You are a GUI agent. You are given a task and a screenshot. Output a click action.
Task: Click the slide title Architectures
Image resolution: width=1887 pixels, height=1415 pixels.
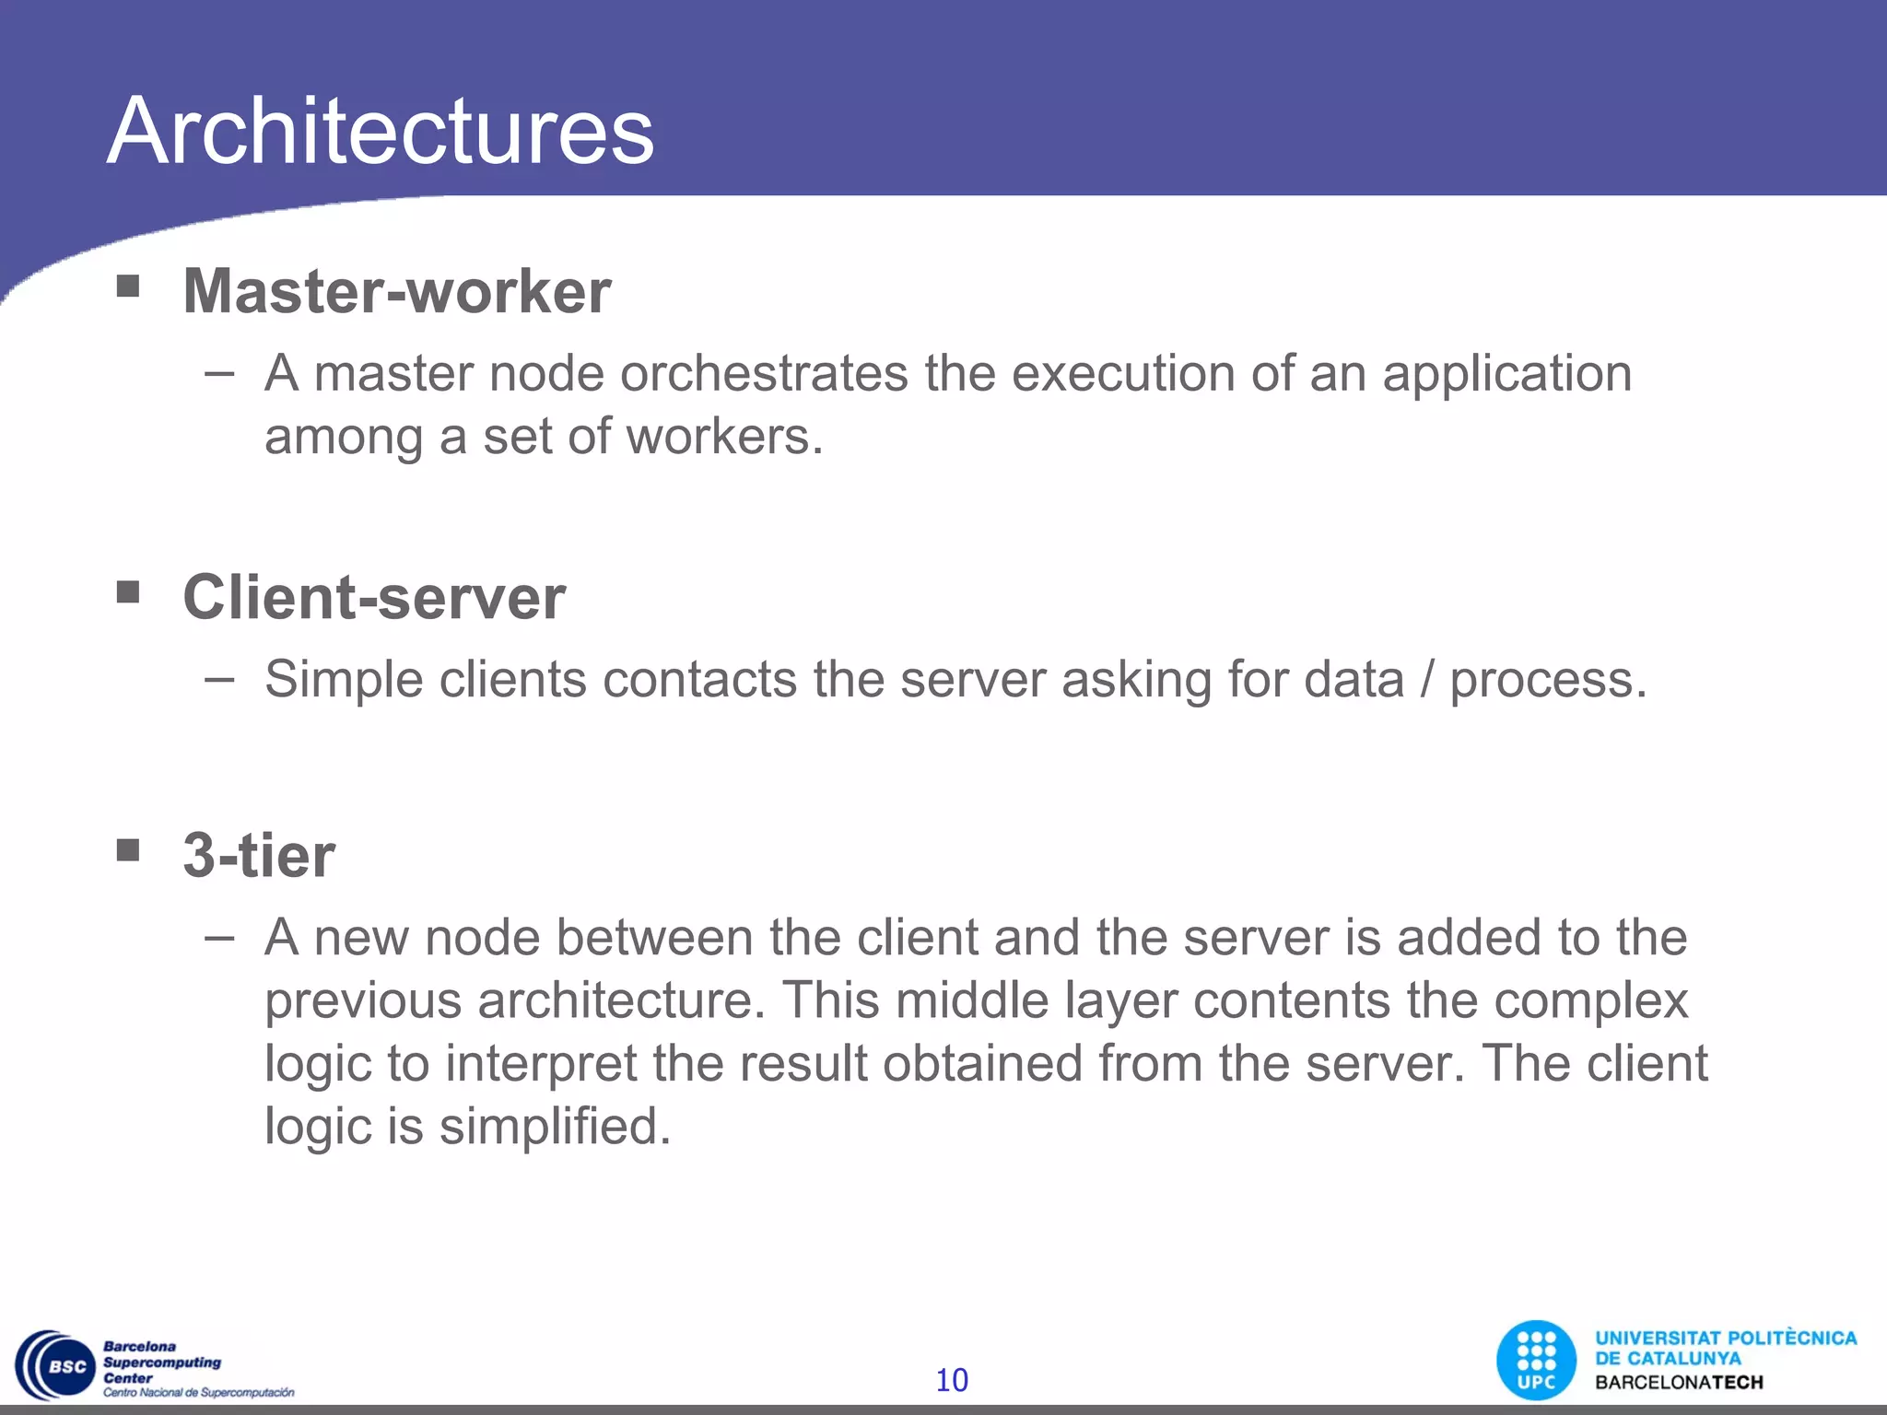pyautogui.click(x=380, y=131)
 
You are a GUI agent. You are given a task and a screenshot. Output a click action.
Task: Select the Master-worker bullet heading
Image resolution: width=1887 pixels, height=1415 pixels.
pyautogui.click(x=397, y=291)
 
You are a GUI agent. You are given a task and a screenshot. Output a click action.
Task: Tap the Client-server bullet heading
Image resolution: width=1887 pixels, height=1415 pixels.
pyautogui.click(x=374, y=597)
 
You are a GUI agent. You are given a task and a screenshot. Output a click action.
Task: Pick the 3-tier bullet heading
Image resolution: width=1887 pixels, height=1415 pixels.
pyautogui.click(x=259, y=855)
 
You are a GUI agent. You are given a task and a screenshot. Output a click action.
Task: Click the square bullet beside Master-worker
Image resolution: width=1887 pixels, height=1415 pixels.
pyautogui.click(x=128, y=287)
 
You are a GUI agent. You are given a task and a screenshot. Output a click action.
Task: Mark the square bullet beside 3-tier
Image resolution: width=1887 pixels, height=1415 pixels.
pyautogui.click(x=128, y=849)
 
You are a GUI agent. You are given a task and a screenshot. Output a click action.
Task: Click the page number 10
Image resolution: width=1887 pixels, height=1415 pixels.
pyautogui.click(x=952, y=1380)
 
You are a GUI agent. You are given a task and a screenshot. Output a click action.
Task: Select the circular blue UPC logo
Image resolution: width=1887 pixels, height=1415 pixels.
pyautogui.click(x=1536, y=1360)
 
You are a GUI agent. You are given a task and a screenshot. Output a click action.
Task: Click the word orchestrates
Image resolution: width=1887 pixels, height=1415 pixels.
pyautogui.click(x=764, y=374)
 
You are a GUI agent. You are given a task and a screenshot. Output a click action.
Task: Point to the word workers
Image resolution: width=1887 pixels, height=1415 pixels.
pyautogui.click(x=724, y=437)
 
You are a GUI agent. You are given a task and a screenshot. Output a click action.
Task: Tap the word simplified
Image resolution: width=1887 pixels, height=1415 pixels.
pyautogui.click(x=555, y=1126)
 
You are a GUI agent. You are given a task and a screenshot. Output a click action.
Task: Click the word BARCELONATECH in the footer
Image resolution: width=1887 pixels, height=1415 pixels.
pyautogui.click(x=1679, y=1383)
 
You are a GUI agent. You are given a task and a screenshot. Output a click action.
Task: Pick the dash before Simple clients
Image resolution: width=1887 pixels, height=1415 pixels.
pyautogui.click(x=219, y=680)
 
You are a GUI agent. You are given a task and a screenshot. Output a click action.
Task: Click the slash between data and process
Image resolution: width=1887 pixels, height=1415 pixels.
pyautogui.click(x=1427, y=680)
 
